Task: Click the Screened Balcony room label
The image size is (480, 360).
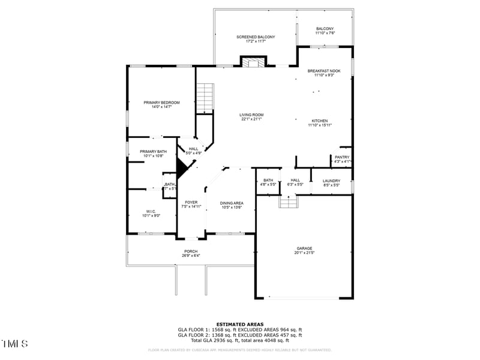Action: click(255, 40)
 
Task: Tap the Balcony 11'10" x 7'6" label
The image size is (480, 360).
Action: click(325, 31)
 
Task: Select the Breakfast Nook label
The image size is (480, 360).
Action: click(324, 73)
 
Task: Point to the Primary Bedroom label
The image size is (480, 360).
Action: click(161, 104)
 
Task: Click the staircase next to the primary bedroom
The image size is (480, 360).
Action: click(205, 97)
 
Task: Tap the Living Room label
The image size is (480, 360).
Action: click(252, 117)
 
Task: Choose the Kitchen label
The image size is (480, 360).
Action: click(320, 122)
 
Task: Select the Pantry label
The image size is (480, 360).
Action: click(342, 159)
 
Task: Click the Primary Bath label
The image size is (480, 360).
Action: click(153, 154)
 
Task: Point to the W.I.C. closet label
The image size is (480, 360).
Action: click(151, 213)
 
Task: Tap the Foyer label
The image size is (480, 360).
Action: click(191, 204)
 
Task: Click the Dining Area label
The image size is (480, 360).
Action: click(231, 205)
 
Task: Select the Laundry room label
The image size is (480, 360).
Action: click(331, 183)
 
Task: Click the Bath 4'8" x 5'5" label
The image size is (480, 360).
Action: click(268, 182)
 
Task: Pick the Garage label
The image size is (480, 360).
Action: click(304, 250)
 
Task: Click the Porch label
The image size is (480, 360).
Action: click(191, 253)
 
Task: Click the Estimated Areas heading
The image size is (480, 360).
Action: click(239, 324)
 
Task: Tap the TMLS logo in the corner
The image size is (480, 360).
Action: click(15, 344)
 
